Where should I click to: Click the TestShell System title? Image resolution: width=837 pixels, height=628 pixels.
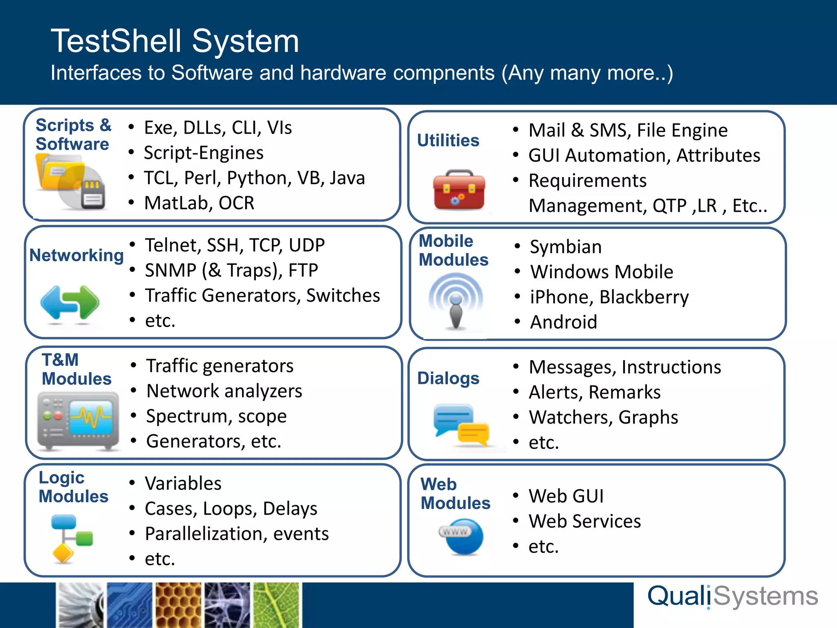pyautogui.click(x=175, y=41)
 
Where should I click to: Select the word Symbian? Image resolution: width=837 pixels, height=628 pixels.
pyautogui.click(x=566, y=247)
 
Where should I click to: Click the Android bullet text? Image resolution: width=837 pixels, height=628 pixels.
pyautogui.click(x=564, y=322)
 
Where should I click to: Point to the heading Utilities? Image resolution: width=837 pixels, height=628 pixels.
pyautogui.click(x=448, y=140)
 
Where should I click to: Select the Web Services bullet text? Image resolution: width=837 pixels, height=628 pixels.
pyautogui.click(x=584, y=521)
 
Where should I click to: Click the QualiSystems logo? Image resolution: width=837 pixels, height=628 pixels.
pyautogui.click(x=732, y=597)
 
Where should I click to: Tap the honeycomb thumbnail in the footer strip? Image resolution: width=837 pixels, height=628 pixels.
pyautogui.click(x=178, y=605)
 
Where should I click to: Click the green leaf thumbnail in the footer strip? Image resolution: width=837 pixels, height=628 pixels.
pyautogui.click(x=276, y=605)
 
